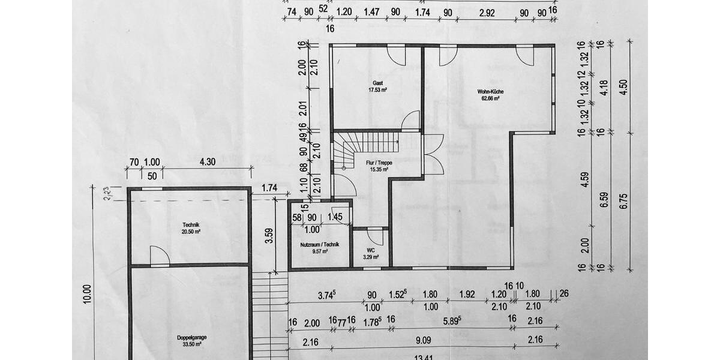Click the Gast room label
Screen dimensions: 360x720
click(377, 83)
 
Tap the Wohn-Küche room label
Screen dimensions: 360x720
click(490, 92)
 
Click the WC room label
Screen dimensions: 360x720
click(371, 250)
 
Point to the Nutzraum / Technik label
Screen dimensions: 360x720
click(320, 244)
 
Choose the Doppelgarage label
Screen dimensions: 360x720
click(192, 337)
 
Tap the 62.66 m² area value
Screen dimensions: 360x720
click(490, 98)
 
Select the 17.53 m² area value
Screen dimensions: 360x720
click(377, 90)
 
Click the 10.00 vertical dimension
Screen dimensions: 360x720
click(88, 293)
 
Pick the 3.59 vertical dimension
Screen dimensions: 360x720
click(269, 236)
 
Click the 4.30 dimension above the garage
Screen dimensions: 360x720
click(207, 162)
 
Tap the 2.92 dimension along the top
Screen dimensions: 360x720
click(485, 12)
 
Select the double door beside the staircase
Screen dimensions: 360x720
click(433, 154)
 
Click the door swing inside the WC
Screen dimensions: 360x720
click(376, 236)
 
